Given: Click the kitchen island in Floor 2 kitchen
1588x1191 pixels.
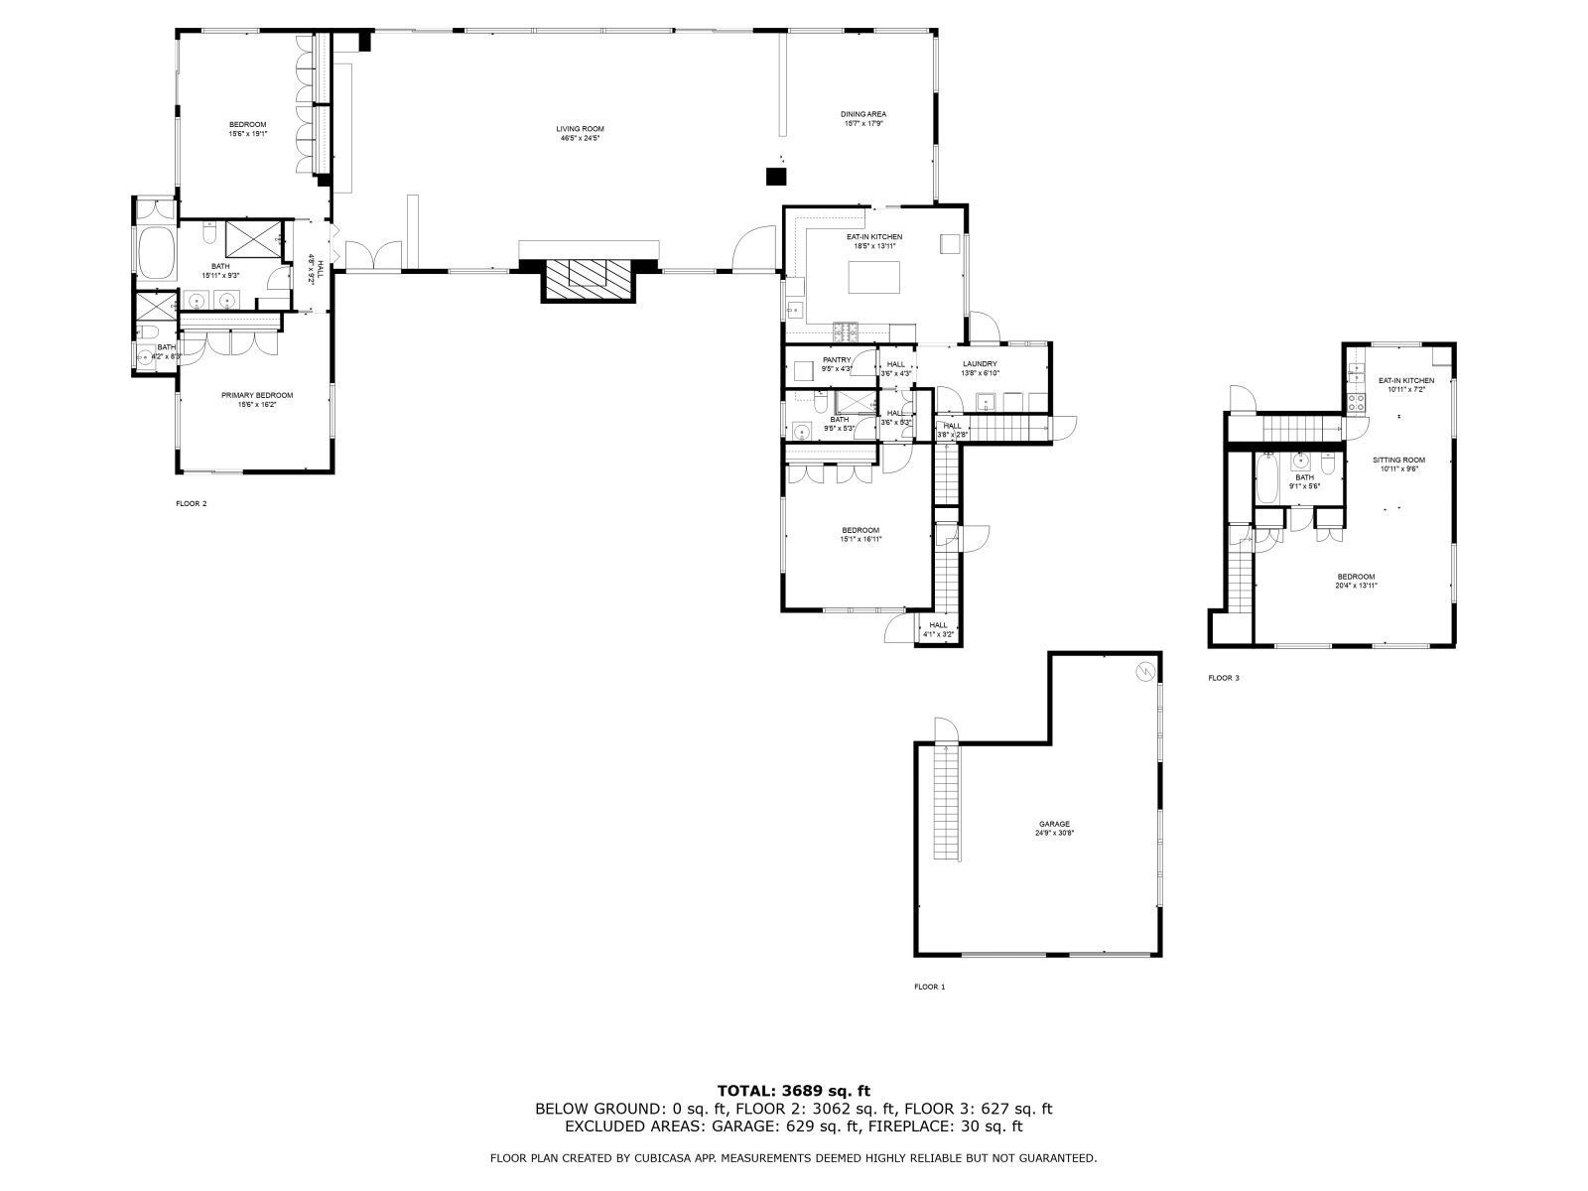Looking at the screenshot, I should point(873,277).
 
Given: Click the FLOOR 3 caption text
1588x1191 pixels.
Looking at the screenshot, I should point(1223,678).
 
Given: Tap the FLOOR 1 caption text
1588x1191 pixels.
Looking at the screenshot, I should point(929,987).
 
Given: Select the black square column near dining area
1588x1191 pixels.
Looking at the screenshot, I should point(775,177).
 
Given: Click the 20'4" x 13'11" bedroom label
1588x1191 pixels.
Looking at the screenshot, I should point(1355,581).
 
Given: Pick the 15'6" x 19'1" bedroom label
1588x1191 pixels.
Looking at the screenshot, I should point(248,128).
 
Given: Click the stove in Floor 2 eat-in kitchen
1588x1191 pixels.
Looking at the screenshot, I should point(846,330).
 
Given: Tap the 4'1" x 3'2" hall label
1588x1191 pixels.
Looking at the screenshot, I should point(938,629).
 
